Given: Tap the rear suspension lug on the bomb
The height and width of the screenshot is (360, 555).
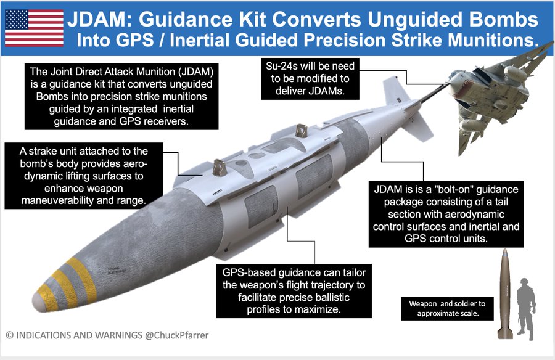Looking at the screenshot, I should coord(302,131).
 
